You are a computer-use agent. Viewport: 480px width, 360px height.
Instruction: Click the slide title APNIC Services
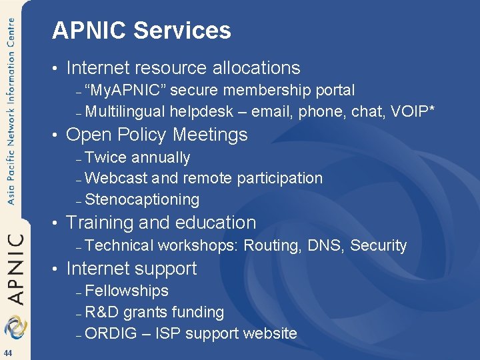coord(141,31)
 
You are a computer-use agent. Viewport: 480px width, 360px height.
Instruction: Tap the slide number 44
coord(8,353)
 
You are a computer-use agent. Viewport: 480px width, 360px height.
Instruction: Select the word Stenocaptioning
coord(142,199)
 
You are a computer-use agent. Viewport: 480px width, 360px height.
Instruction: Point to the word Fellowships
coord(127,291)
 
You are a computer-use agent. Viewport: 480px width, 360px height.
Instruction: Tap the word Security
coord(378,245)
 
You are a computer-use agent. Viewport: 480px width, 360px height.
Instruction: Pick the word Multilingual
coord(125,111)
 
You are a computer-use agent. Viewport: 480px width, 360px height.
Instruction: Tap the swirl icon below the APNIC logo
coord(14,327)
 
